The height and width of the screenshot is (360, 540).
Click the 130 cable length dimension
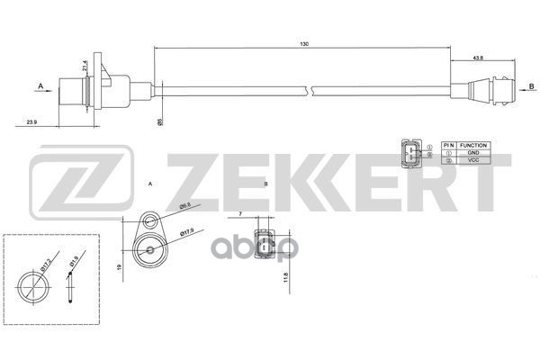pyautogui.click(x=310, y=42)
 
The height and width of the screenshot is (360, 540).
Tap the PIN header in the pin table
pyautogui.click(x=447, y=145)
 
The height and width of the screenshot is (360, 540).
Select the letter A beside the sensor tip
pyautogui.click(x=40, y=85)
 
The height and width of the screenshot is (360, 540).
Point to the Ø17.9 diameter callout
pyautogui.click(x=188, y=233)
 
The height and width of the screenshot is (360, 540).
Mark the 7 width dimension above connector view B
pyautogui.click(x=241, y=214)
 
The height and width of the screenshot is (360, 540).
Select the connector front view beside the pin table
pyautogui.click(x=409, y=154)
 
